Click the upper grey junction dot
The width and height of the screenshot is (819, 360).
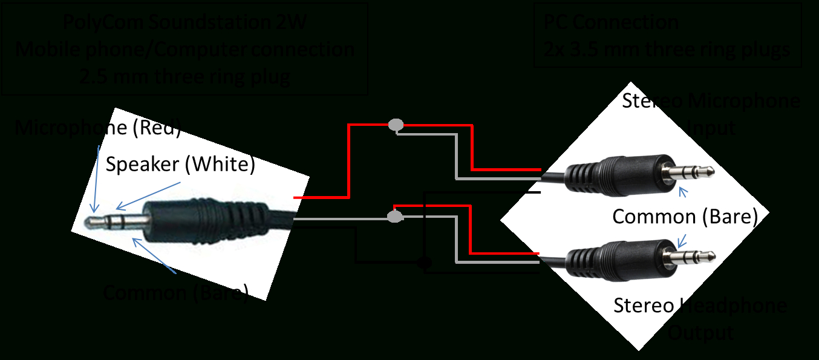(x=396, y=125)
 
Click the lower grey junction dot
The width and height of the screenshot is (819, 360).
(x=394, y=216)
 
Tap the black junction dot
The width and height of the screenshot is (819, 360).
(x=425, y=263)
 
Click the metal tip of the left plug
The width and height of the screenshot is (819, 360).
(x=93, y=222)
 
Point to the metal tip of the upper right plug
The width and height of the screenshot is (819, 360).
(x=708, y=173)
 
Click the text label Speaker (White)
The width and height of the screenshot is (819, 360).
(x=180, y=164)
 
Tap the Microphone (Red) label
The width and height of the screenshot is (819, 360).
(x=97, y=128)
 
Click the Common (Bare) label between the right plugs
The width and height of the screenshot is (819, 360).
(x=685, y=217)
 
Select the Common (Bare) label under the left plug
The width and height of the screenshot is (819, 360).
(x=175, y=293)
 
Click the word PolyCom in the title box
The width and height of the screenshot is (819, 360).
(x=102, y=23)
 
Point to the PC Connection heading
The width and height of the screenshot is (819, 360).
(x=610, y=23)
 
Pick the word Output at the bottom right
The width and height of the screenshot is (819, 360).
(x=700, y=333)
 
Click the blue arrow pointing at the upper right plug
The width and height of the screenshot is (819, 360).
(x=684, y=192)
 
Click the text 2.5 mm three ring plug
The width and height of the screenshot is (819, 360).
(x=184, y=77)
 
